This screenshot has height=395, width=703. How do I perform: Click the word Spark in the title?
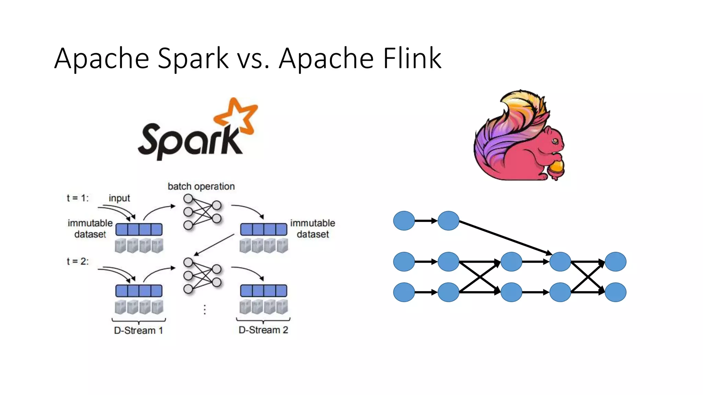coord(193,58)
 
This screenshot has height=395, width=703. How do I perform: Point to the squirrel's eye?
coord(555,141)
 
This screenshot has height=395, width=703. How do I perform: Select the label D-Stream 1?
coord(138,331)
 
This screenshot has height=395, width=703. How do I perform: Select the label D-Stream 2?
coord(263,330)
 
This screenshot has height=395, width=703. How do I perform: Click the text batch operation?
coord(201,187)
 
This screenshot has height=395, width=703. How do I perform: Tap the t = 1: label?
coord(78,198)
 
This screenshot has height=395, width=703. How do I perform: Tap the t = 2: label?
coord(78,261)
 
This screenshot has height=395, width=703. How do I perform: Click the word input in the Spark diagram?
coord(119,198)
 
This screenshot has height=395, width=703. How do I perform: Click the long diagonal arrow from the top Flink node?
coord(505,238)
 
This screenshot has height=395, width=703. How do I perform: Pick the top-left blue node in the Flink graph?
coord(404,221)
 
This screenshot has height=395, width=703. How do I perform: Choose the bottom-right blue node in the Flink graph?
coord(615,292)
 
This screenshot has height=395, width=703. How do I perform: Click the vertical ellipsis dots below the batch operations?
coord(205,309)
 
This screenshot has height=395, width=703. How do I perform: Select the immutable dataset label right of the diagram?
coord(312,228)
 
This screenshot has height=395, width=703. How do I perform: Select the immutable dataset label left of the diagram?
coord(90,228)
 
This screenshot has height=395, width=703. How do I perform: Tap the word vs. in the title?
coord(253,58)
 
